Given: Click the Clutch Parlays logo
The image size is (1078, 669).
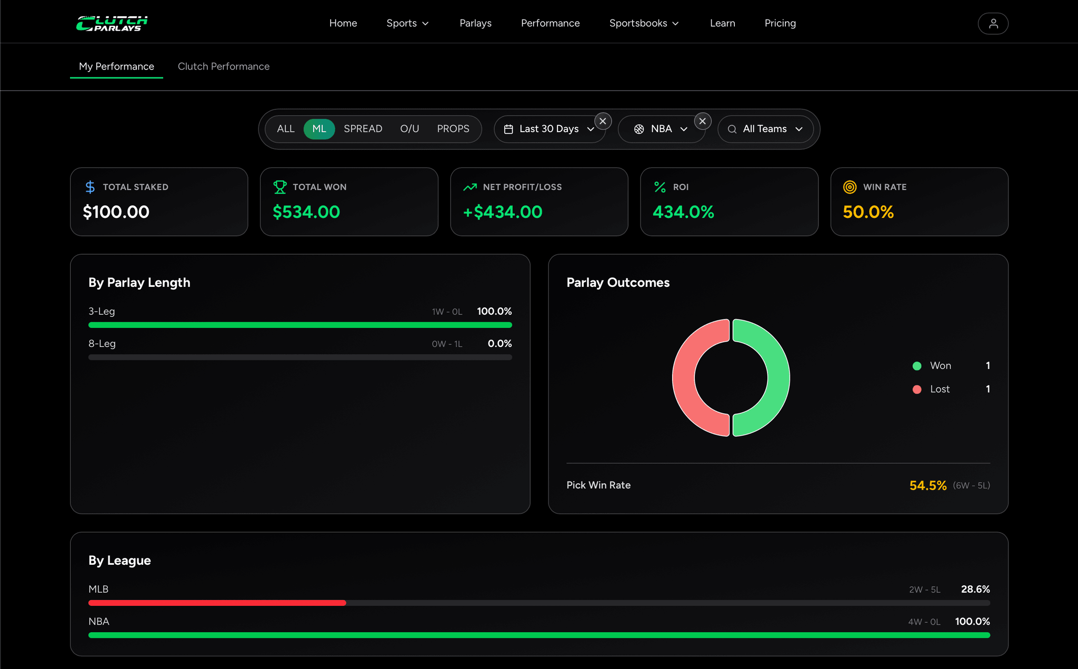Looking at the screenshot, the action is (112, 23).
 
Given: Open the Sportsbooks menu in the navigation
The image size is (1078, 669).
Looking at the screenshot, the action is (644, 23).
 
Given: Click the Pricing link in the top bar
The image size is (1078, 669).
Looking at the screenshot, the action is (780, 23).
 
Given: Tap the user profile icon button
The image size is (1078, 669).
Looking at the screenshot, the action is (993, 24).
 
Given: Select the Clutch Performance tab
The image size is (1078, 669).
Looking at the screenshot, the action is (224, 66).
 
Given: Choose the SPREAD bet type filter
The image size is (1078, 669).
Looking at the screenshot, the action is (363, 129).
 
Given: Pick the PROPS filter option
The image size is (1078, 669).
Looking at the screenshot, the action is (453, 129).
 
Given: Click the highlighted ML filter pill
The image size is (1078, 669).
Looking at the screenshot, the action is (319, 129).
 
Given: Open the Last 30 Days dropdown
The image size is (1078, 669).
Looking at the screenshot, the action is (550, 129).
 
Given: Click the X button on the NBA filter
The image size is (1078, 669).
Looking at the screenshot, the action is (702, 121).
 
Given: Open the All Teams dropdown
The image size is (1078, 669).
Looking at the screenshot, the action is (765, 129).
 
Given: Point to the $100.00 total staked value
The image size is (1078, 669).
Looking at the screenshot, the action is (116, 212).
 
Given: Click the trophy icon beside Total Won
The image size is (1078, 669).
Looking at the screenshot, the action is (280, 187).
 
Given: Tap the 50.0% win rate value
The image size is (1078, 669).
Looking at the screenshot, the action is (868, 212).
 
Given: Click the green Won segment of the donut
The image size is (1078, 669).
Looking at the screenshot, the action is (778, 377).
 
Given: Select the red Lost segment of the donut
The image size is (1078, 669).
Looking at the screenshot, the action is (684, 377).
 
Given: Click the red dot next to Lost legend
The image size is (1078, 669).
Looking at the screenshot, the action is (916, 390).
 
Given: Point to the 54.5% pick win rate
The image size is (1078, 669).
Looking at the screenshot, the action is (927, 485).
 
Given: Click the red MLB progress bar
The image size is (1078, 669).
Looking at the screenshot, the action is (217, 603).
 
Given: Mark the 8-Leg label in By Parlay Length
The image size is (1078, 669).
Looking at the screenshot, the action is (102, 344).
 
